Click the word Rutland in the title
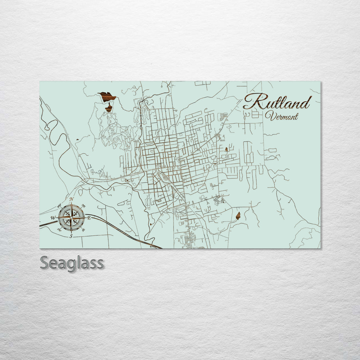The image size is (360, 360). [277, 102]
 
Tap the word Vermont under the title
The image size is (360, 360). [282, 116]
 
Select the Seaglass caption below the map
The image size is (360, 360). [72, 263]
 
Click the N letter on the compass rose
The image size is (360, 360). [71, 199]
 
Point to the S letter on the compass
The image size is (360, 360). [71, 236]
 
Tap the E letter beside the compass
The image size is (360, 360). [89, 218]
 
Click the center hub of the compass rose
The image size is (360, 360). [71, 217]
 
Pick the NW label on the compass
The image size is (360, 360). [59, 205]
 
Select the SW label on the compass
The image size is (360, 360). [59, 230]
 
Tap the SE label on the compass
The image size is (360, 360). [83, 229]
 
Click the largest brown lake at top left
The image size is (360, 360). [107, 97]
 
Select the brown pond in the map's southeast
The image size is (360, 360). [238, 216]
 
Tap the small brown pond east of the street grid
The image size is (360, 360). [226, 149]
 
